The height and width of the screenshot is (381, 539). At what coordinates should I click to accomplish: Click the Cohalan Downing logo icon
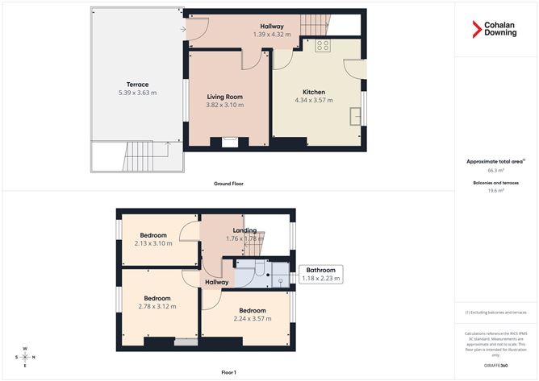[x=477, y=29]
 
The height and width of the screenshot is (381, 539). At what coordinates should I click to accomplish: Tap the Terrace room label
[x=136, y=85]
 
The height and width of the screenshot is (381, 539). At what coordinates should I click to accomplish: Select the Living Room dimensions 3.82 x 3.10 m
[x=225, y=106]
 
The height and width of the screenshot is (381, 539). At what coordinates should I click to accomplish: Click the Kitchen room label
[x=313, y=91]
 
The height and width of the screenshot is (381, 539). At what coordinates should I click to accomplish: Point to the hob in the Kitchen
[x=323, y=45]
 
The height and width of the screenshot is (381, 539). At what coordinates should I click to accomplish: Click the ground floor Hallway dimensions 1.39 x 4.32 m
[x=271, y=35]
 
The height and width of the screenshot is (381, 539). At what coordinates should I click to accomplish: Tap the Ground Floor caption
[x=229, y=184]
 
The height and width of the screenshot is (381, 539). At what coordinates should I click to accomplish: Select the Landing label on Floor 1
[x=245, y=230]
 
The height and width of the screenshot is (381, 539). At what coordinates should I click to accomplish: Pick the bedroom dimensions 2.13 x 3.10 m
[x=153, y=243]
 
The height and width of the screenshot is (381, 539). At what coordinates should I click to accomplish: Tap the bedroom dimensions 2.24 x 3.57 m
[x=251, y=318]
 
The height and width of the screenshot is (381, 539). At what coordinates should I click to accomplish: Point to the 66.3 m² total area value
[x=495, y=171]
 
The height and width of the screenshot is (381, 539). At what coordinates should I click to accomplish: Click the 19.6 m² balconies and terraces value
[x=495, y=191]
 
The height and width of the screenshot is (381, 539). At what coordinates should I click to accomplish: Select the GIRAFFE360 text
[x=495, y=365]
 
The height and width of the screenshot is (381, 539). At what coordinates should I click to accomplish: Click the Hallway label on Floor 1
[x=216, y=282]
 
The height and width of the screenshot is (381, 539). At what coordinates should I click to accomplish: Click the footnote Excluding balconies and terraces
[x=495, y=313]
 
